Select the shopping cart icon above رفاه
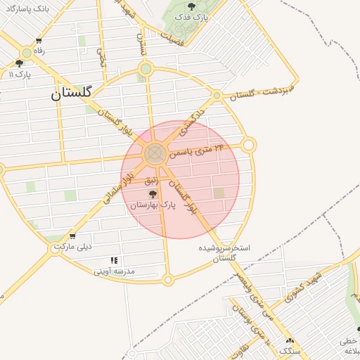click(38, 41)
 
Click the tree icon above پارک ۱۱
click(19, 63)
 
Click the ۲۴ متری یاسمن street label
click(198, 153)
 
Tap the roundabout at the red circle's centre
click(155, 154)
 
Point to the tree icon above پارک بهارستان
click(153, 194)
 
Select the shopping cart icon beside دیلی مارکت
click(72, 236)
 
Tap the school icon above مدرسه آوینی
click(114, 260)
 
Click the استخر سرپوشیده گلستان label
click(225, 253)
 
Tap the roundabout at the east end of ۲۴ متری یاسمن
click(248, 145)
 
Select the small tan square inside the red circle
click(219, 193)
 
